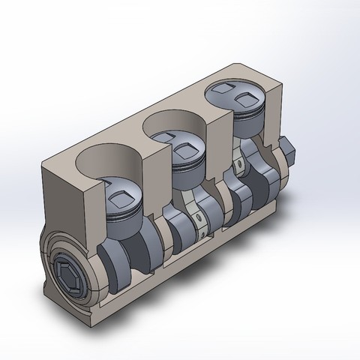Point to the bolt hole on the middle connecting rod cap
coord(199,219)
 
